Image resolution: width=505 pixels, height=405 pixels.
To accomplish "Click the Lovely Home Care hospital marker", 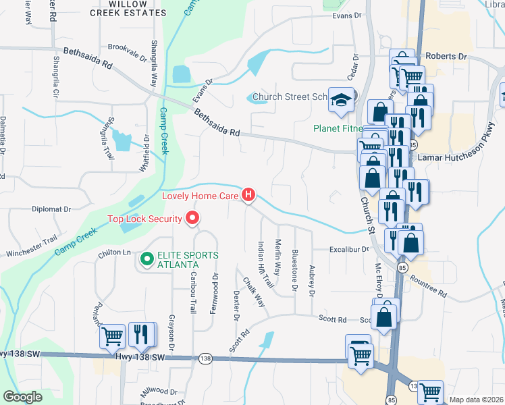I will pyautogui.click(x=249, y=196).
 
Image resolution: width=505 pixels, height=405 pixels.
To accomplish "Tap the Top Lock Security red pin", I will pyautogui.click(x=193, y=218).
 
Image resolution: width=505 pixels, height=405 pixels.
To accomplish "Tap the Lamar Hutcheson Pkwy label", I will pyautogui.click(x=461, y=157).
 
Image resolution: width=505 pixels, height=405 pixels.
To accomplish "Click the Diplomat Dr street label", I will pyautogui.click(x=51, y=209).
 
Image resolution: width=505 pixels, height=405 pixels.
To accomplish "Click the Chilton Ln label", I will pyautogui.click(x=113, y=252).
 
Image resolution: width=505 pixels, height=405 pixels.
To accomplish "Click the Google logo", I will pyautogui.click(x=23, y=397).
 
